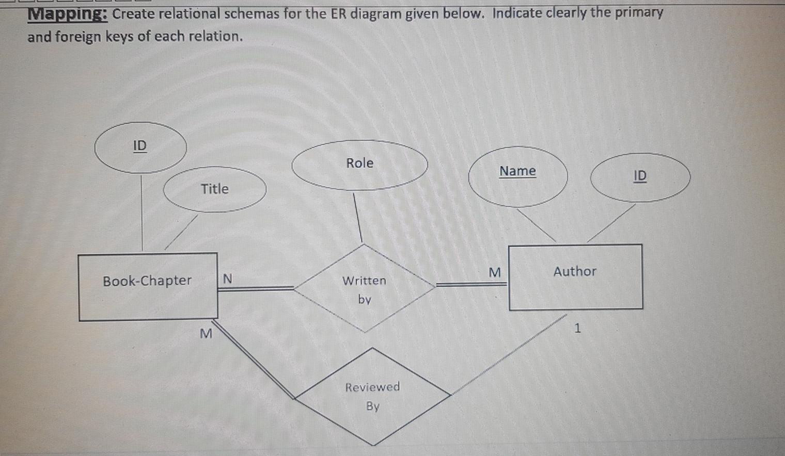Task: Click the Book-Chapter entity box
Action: (x=148, y=286)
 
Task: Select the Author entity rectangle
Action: (x=575, y=277)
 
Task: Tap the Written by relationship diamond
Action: (x=364, y=288)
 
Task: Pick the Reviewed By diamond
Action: (x=372, y=396)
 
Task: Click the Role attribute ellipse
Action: (x=359, y=165)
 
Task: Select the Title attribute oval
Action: (x=214, y=189)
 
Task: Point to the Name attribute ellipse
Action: (x=517, y=175)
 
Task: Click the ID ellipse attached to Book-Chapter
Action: (x=140, y=147)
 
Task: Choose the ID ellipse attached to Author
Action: (x=640, y=177)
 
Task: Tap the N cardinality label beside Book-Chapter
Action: (x=227, y=279)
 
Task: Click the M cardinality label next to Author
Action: (x=494, y=272)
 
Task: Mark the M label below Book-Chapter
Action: (x=206, y=334)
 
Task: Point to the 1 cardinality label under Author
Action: (x=578, y=328)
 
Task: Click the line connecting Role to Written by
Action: (x=357, y=217)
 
